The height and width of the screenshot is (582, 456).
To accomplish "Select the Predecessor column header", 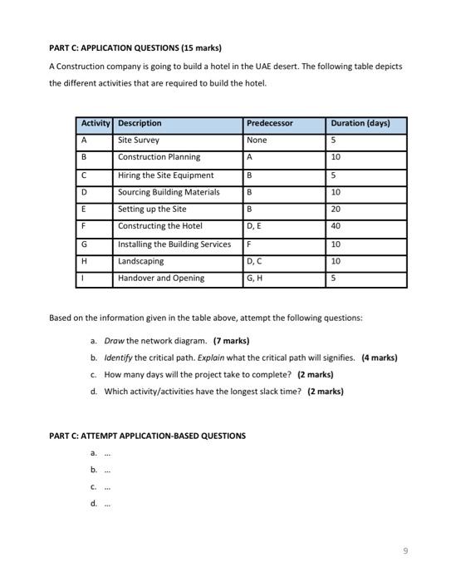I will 270,124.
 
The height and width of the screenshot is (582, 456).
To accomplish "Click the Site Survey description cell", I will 139,141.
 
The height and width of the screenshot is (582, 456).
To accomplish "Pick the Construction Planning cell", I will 159,157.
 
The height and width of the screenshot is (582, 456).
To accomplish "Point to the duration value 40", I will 336,226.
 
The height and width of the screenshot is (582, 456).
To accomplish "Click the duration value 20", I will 336,210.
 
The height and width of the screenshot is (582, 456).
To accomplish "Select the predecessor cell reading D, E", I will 254,226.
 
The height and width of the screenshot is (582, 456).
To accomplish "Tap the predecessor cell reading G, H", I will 255,279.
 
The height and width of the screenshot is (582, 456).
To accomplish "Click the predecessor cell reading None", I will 257,141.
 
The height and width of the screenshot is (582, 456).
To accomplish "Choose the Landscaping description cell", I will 140,261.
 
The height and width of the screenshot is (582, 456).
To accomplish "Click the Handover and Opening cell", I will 160,279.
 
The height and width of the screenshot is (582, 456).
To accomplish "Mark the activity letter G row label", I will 84,244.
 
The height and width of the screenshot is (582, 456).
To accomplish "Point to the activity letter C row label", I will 84,175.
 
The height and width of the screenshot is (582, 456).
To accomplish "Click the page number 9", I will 405,550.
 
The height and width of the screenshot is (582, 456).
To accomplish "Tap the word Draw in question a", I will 114,341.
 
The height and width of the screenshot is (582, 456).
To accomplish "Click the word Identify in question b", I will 118,358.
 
